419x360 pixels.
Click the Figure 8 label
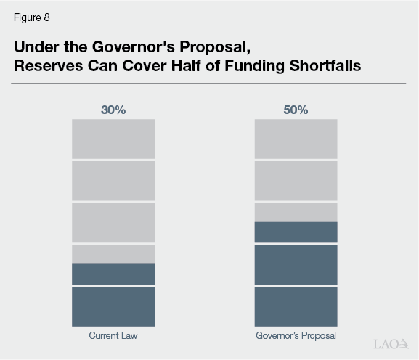click(31, 18)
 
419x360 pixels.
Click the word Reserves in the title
click(46, 65)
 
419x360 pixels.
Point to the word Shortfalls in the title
click(325, 65)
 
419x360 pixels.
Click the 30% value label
click(113, 110)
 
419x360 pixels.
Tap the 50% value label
click(296, 110)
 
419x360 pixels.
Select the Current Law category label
click(113, 336)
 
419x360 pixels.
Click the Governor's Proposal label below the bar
click(296, 336)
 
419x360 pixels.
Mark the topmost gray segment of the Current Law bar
click(113, 139)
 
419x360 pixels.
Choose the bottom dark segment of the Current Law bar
click(113, 306)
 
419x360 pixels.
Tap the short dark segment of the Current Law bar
click(113, 274)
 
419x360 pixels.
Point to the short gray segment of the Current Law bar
click(113, 254)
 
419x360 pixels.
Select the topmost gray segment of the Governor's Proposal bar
click(296, 139)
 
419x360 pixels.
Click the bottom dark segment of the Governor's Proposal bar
click(296, 306)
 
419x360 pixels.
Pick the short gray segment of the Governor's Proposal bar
click(296, 212)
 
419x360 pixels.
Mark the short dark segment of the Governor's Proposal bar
click(296, 232)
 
